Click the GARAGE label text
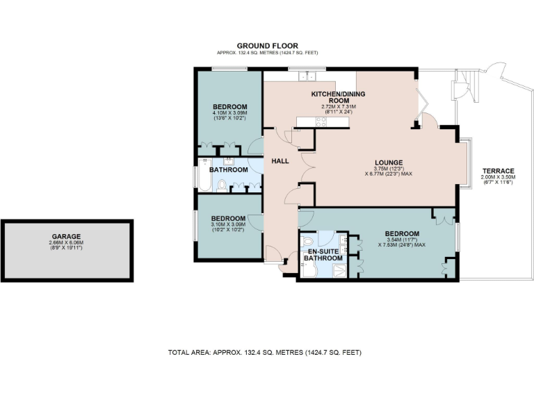[x=66, y=236]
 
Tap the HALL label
[x=280, y=161]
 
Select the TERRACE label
[x=497, y=171]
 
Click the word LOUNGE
[x=387, y=162]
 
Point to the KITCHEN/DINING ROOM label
[x=338, y=97]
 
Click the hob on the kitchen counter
[x=321, y=122]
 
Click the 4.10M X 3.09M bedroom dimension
[x=230, y=112]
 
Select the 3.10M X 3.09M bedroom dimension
[x=229, y=224]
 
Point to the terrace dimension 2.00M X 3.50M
[x=497, y=177]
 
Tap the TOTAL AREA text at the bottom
[x=265, y=353]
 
